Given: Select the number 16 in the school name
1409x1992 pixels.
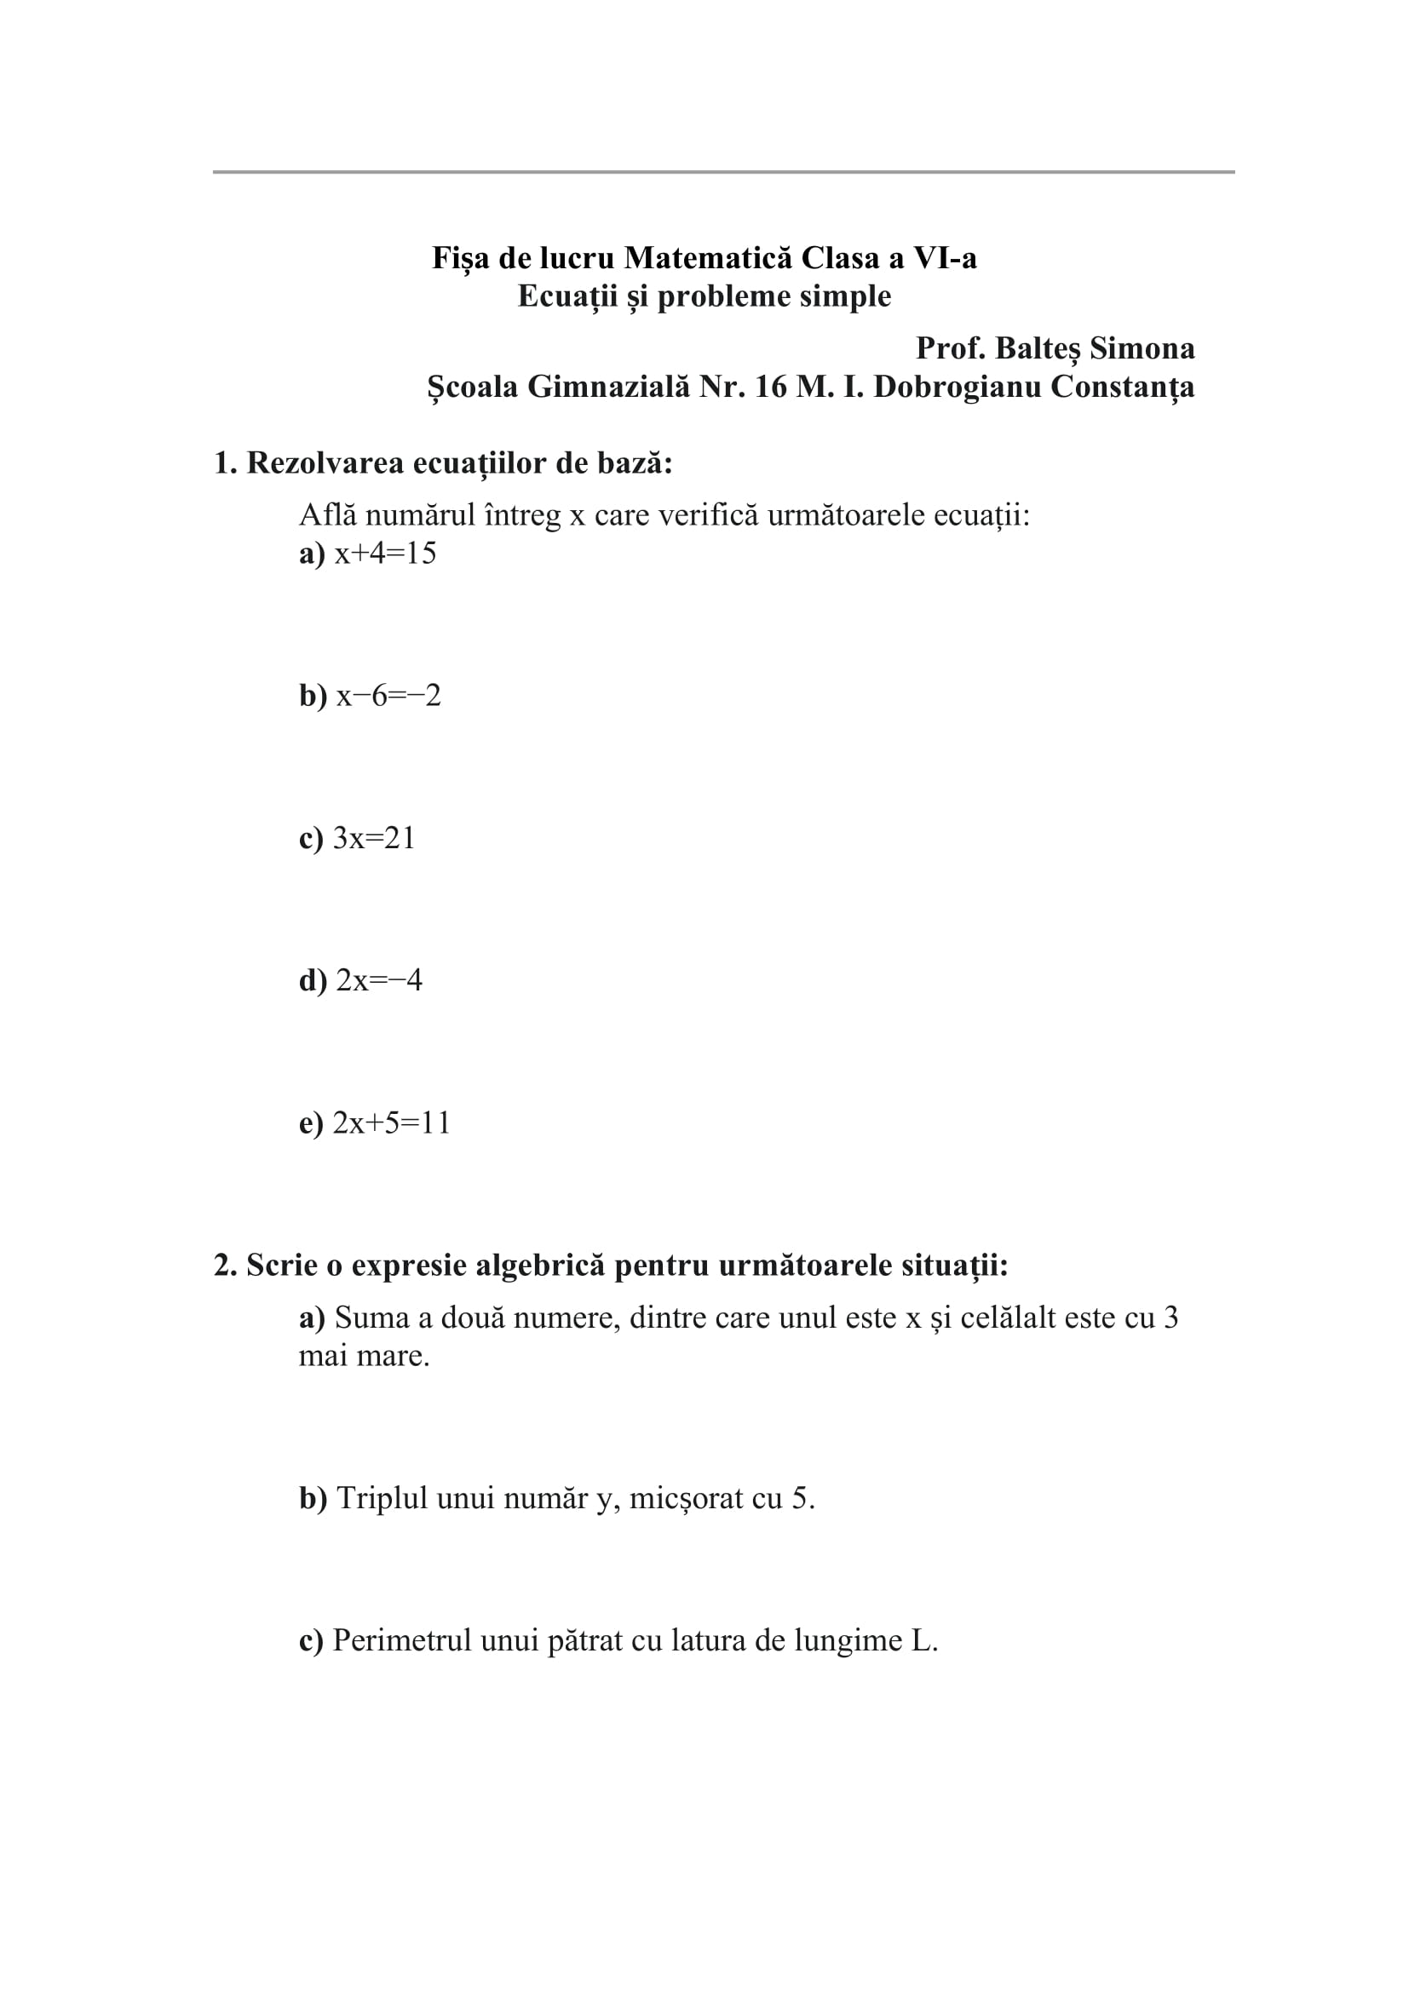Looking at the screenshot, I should pos(771,386).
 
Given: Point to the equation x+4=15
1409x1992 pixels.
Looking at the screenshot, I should pos(385,554).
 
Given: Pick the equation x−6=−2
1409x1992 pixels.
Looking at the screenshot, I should pos(388,696).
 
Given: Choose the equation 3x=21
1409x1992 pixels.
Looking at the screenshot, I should pos(374,838).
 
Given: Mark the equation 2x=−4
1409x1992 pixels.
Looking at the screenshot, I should pos(378,980).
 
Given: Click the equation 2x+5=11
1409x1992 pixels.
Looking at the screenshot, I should pos(391,1122).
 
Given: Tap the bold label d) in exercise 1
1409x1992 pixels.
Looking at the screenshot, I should pos(313,980).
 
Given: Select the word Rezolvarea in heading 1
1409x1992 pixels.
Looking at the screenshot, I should pos(325,463).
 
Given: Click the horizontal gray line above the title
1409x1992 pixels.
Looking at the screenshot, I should pos(722,172).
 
